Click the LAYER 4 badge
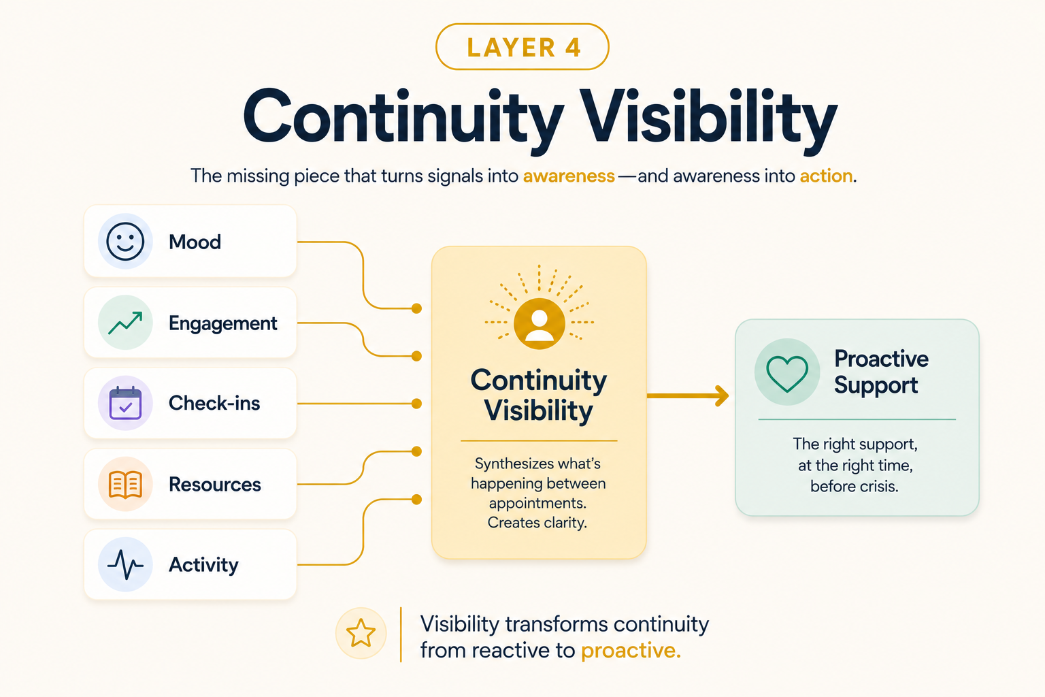pyautogui.click(x=522, y=47)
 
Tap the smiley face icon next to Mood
pyautogui.click(x=125, y=242)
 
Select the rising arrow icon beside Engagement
pyautogui.click(x=125, y=323)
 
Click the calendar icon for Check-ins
pyautogui.click(x=125, y=403)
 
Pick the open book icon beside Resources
pyautogui.click(x=125, y=484)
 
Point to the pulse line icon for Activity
pyautogui.click(x=125, y=564)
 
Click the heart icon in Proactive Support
pyautogui.click(x=787, y=374)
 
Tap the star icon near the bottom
pyautogui.click(x=361, y=633)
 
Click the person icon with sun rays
pyautogui.click(x=540, y=323)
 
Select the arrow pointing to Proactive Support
pyautogui.click(x=688, y=396)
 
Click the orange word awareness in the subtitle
pyautogui.click(x=569, y=176)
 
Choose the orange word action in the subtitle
pyautogui.click(x=826, y=176)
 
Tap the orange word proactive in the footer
pyautogui.click(x=631, y=651)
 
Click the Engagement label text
pyautogui.click(x=222, y=323)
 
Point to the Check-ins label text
pyautogui.click(x=214, y=403)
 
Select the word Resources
pyautogui.click(x=214, y=484)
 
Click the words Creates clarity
pyautogui.click(x=537, y=522)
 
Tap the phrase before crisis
pyautogui.click(x=855, y=487)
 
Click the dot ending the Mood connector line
pyautogui.click(x=416, y=308)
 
